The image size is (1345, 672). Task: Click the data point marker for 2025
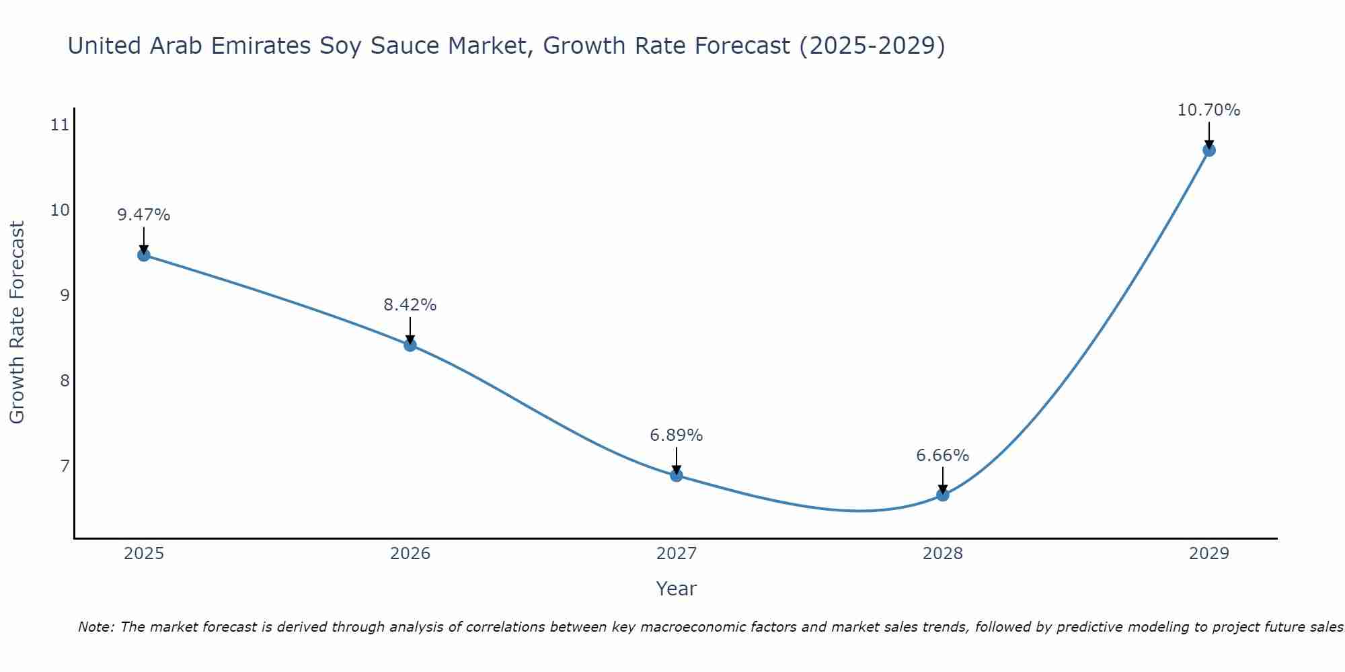(x=143, y=255)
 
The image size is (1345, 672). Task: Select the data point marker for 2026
(x=410, y=345)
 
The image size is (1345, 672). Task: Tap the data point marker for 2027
(x=676, y=475)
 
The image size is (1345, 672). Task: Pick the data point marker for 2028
(x=942, y=495)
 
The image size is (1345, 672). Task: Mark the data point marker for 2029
(x=1208, y=150)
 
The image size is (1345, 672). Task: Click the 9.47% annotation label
(x=143, y=215)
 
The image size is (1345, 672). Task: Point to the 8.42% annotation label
(x=410, y=305)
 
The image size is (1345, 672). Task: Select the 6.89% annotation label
(x=676, y=435)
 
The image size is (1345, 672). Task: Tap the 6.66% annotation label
(x=942, y=456)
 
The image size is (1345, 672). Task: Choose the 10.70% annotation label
(x=1208, y=110)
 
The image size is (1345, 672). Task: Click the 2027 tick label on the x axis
(x=676, y=554)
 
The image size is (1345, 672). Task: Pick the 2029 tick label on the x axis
(x=1208, y=554)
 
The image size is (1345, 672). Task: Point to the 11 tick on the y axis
(x=60, y=125)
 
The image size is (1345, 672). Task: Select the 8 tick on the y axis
(x=65, y=381)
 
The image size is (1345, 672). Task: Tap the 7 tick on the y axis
(x=65, y=466)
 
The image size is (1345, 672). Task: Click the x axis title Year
(x=676, y=589)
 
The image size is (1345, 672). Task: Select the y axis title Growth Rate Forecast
(x=17, y=323)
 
